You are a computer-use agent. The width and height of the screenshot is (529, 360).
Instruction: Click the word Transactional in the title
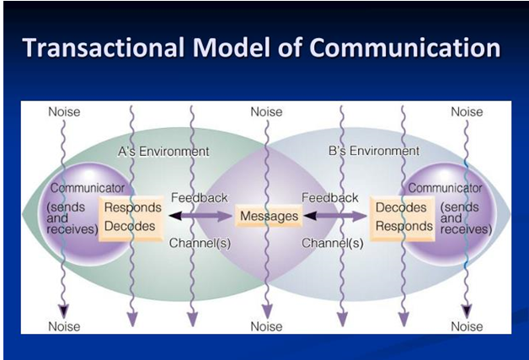pyautogui.click(x=104, y=47)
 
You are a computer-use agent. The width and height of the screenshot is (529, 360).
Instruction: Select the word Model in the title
pyautogui.click(x=232, y=47)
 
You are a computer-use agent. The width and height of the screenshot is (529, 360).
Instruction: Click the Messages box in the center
pyautogui.click(x=269, y=216)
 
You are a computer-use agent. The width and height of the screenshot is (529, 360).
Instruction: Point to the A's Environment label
pyautogui.click(x=163, y=152)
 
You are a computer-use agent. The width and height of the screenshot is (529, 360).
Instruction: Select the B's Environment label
pyautogui.click(x=374, y=151)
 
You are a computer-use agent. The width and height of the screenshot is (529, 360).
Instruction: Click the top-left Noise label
pyautogui.click(x=64, y=112)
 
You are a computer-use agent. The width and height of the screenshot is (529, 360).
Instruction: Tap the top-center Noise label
pyautogui.click(x=266, y=112)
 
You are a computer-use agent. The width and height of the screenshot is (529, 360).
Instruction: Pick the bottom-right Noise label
pyautogui.click(x=467, y=326)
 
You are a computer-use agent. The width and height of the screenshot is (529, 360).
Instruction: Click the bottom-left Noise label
pyautogui.click(x=64, y=326)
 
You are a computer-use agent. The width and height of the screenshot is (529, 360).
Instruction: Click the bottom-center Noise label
pyautogui.click(x=266, y=326)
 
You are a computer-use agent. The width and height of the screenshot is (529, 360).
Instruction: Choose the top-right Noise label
pyautogui.click(x=467, y=112)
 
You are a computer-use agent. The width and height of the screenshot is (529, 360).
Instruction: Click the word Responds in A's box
pyautogui.click(x=133, y=207)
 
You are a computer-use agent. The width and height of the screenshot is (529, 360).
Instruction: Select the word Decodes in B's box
pyautogui.click(x=401, y=207)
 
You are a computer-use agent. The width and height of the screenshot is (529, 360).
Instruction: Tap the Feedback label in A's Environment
pyautogui.click(x=199, y=197)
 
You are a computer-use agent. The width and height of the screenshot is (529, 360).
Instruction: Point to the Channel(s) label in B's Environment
pyautogui.click(x=333, y=243)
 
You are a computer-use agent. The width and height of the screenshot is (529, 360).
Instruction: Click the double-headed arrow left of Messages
pyautogui.click(x=200, y=216)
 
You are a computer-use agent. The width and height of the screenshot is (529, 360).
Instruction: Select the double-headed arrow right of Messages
pyautogui.click(x=335, y=216)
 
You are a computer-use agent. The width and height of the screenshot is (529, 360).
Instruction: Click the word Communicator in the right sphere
pyautogui.click(x=445, y=188)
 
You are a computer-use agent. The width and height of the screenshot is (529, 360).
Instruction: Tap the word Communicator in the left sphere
pyautogui.click(x=88, y=188)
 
